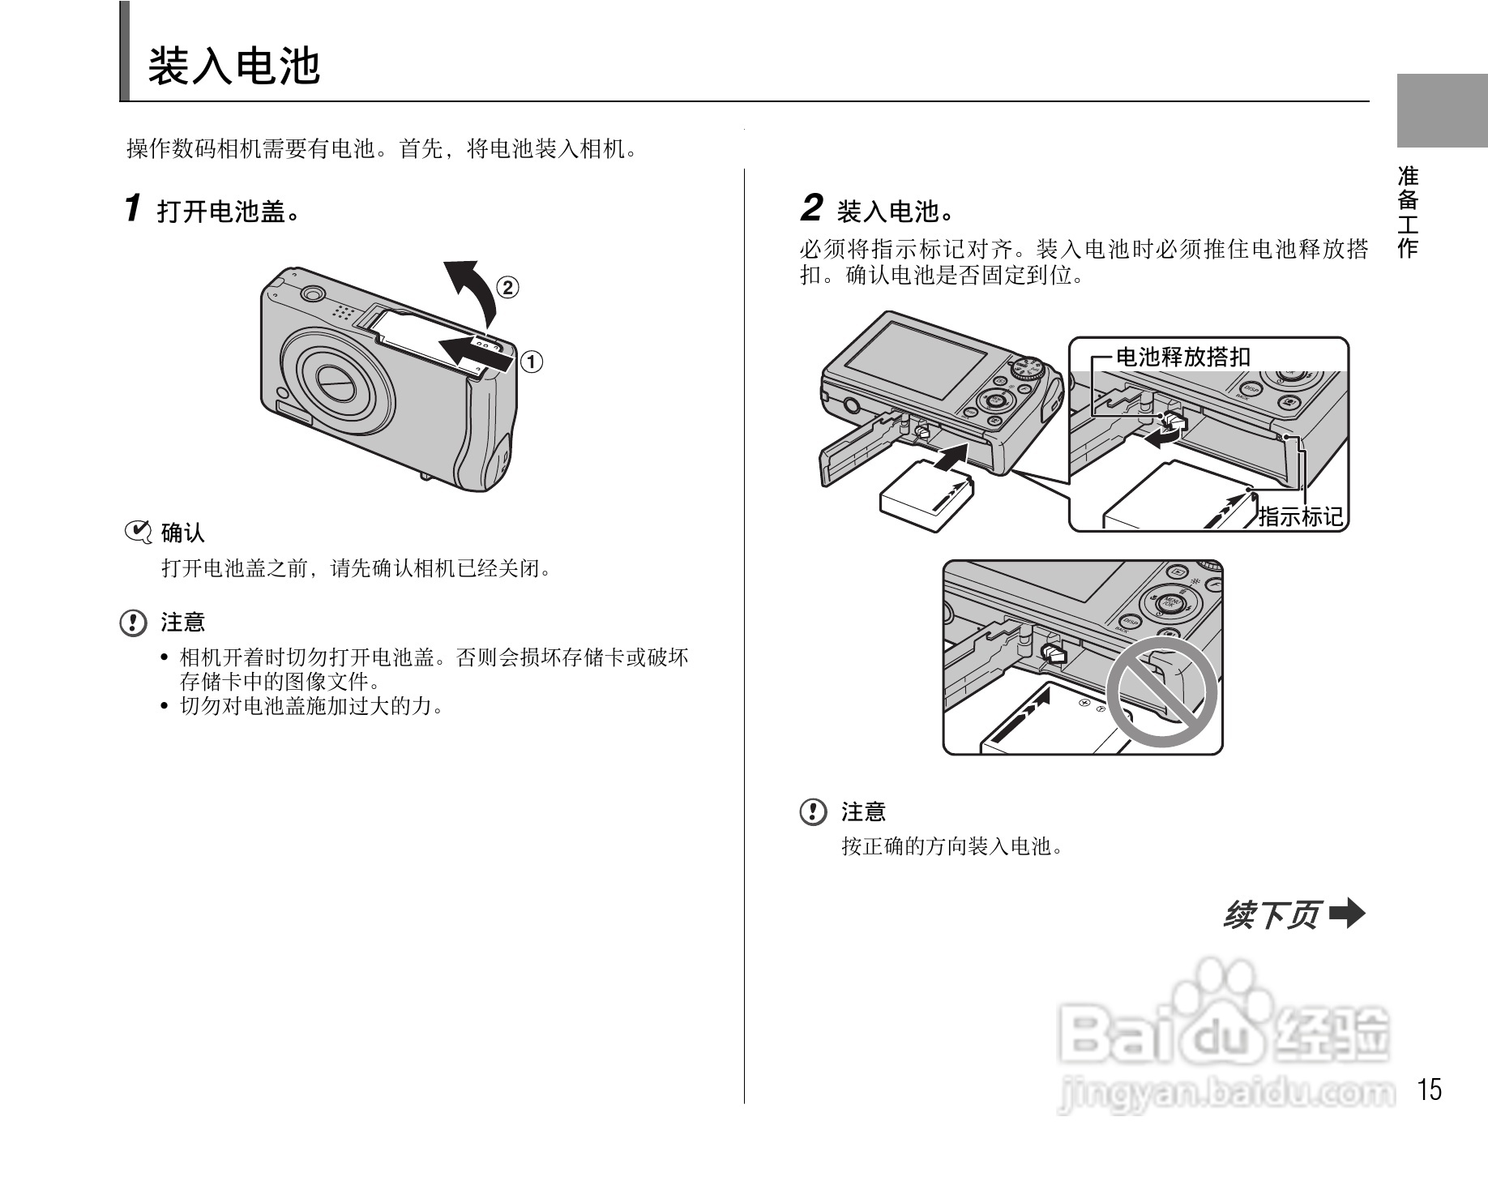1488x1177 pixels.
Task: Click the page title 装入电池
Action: point(234,66)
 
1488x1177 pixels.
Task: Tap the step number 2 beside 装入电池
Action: point(811,208)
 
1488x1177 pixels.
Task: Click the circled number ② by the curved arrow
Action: point(507,288)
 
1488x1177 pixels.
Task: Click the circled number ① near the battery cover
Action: point(531,362)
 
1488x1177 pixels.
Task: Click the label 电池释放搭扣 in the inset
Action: point(1183,357)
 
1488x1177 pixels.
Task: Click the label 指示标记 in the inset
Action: point(1300,516)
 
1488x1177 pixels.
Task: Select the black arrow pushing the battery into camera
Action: point(949,459)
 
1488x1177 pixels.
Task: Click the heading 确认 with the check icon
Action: point(182,533)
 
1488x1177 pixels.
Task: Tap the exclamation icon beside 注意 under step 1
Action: point(133,623)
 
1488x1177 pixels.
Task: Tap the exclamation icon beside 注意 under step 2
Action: point(813,811)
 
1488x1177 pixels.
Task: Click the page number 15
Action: point(1430,1089)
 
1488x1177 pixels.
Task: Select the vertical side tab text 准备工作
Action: point(1409,212)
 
